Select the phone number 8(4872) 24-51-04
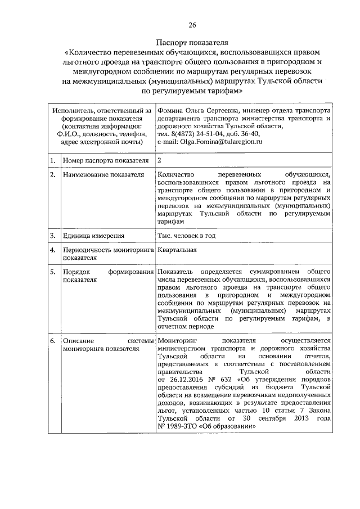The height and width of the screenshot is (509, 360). coord(193,135)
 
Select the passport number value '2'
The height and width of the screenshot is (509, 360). coord(160,161)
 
